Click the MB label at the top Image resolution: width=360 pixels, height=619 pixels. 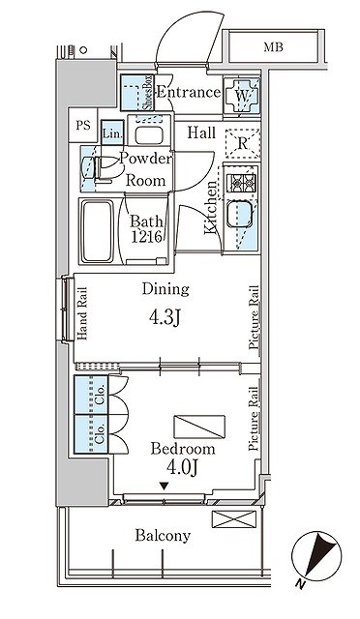coord(274,47)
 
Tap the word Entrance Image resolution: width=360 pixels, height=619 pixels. coord(189,93)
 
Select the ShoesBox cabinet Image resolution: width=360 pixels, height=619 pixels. coord(137,93)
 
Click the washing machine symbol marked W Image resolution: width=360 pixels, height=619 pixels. coord(241,96)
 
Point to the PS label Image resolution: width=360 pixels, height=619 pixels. coord(83,126)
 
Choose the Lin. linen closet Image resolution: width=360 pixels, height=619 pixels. coord(112,133)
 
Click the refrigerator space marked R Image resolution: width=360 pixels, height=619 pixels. coord(242,144)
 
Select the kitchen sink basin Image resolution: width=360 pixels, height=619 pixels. coord(239,214)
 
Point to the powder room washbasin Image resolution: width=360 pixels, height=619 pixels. coord(149,135)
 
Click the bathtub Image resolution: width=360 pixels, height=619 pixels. coord(97,231)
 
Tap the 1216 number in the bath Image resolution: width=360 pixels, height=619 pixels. coord(146,236)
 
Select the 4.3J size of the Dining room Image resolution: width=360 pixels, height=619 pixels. coord(165,316)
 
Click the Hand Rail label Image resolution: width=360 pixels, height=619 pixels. coord(82,313)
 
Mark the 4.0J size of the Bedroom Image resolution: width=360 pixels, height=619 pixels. coord(182,468)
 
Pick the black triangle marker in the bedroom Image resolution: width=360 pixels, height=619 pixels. coord(165,486)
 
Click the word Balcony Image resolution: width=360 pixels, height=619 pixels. coord(163,536)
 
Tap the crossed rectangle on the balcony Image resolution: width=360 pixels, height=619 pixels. coord(234,519)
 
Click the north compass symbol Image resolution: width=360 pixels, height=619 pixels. coord(316,557)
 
